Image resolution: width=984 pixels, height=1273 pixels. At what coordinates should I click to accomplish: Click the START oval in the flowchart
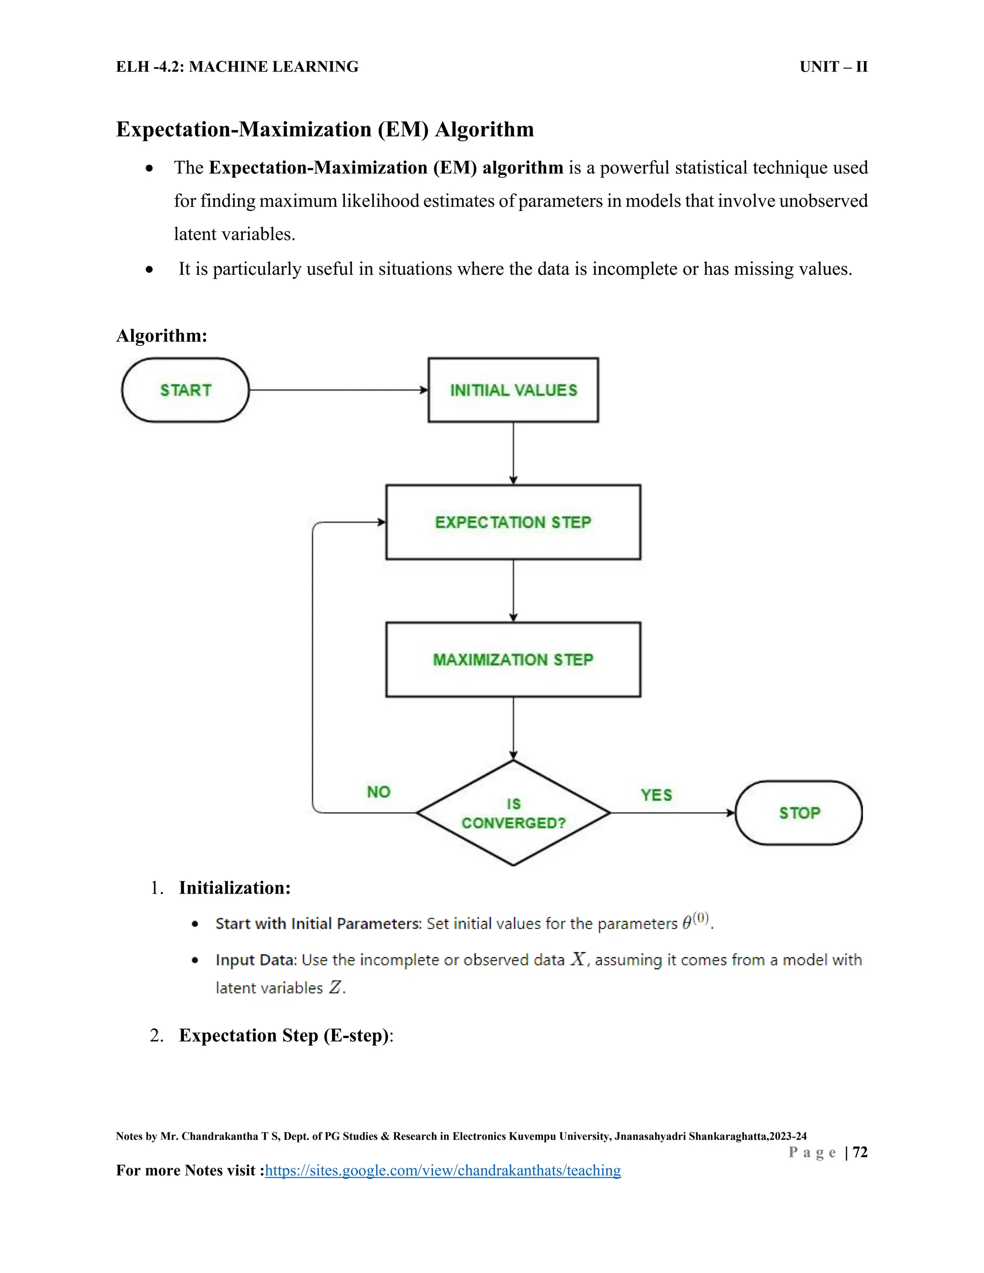pyautogui.click(x=185, y=390)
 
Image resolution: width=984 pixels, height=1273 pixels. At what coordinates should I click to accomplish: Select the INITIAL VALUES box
pyautogui.click(x=513, y=390)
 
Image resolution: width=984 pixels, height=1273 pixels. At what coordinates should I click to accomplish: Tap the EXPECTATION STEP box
pyautogui.click(x=513, y=522)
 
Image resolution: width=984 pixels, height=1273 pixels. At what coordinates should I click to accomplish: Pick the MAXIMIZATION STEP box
pyautogui.click(x=513, y=660)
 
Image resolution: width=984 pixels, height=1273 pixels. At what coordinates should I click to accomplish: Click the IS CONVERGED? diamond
pyautogui.click(x=513, y=813)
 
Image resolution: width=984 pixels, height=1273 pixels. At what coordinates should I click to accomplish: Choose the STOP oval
pyautogui.click(x=799, y=813)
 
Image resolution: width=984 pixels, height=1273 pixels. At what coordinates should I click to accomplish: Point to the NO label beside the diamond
pyautogui.click(x=378, y=792)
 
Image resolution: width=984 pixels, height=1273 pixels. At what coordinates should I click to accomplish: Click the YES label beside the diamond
pyautogui.click(x=656, y=795)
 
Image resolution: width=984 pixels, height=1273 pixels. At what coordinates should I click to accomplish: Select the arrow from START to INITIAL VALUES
pyautogui.click(x=338, y=390)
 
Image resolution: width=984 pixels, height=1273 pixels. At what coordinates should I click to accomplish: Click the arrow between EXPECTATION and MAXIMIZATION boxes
pyautogui.click(x=513, y=590)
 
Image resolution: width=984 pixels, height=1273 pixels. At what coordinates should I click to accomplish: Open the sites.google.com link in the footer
pyautogui.click(x=443, y=1170)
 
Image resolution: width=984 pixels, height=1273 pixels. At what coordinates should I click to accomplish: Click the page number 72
pyautogui.click(x=860, y=1152)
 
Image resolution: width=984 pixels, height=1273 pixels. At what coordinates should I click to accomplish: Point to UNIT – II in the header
pyautogui.click(x=834, y=67)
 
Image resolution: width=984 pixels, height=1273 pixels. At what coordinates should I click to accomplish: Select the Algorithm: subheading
pyautogui.click(x=161, y=336)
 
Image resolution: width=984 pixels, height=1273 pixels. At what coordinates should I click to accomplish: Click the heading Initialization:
pyautogui.click(x=234, y=888)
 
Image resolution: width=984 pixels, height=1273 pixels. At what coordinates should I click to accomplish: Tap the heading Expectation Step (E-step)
pyautogui.click(x=284, y=1035)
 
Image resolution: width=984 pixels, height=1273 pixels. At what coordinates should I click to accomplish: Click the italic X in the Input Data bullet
pyautogui.click(x=578, y=959)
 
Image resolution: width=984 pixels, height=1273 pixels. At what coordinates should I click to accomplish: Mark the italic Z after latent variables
pyautogui.click(x=335, y=987)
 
